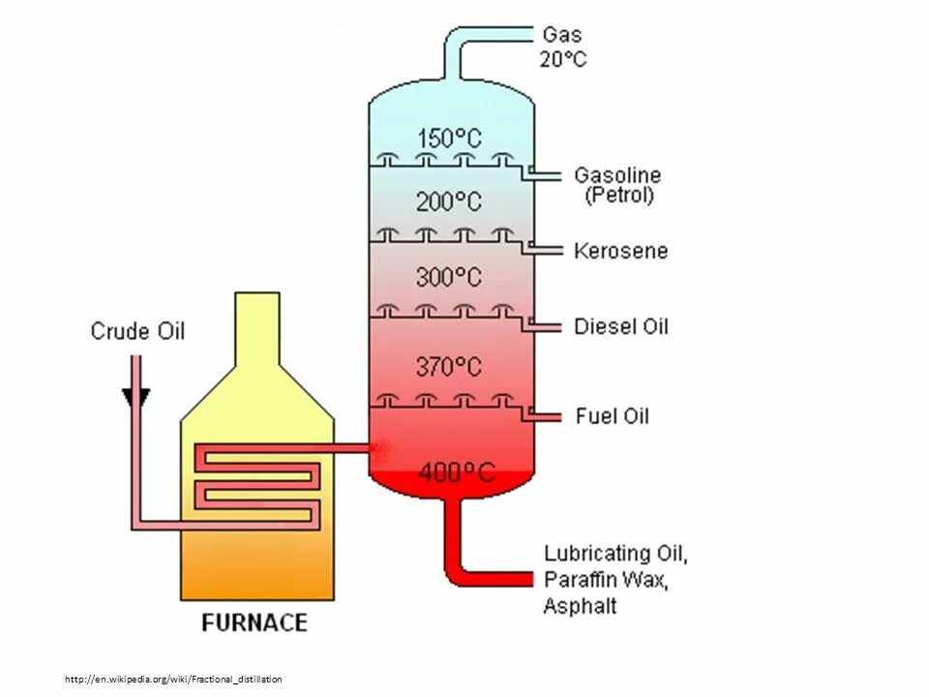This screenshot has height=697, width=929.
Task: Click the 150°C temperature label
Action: (x=449, y=138)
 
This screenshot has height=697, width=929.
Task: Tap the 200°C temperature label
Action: (x=449, y=202)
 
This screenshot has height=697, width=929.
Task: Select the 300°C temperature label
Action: (x=449, y=277)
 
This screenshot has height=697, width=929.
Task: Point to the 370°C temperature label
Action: (x=449, y=367)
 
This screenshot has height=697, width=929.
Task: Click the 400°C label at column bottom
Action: (x=456, y=472)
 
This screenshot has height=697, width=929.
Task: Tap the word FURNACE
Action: (x=255, y=622)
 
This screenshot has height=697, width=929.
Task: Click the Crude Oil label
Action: (x=137, y=331)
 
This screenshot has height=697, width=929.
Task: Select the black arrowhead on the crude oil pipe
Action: (x=136, y=398)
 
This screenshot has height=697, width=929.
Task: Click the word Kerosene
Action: (x=620, y=251)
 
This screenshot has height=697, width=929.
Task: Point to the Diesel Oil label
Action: (x=620, y=326)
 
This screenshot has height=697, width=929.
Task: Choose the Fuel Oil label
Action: (x=613, y=416)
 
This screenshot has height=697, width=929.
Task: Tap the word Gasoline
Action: (x=617, y=175)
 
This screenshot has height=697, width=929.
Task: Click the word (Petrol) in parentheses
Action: (x=619, y=196)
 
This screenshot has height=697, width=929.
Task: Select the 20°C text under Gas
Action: (x=563, y=58)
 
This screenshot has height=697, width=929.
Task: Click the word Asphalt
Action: (x=580, y=607)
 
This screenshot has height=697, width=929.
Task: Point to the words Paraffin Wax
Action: (x=606, y=580)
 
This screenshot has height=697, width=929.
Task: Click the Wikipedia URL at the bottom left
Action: (x=174, y=680)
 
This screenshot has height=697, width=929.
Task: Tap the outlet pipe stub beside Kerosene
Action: (x=547, y=251)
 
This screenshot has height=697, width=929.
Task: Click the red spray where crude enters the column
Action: (x=381, y=447)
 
